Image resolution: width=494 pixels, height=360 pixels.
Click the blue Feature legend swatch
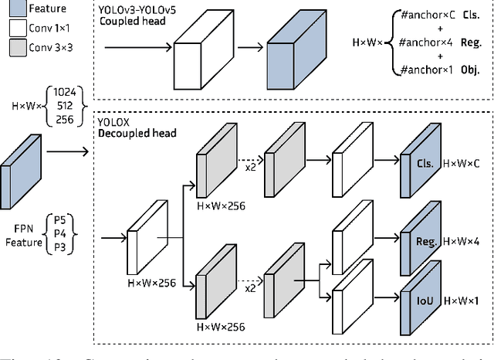pyautogui.click(x=17, y=10)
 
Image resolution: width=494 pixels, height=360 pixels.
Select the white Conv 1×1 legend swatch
pyautogui.click(x=17, y=29)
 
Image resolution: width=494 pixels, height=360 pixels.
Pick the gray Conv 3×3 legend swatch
pyautogui.click(x=17, y=48)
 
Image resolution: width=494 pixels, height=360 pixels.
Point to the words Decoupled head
pyautogui.click(x=137, y=133)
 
